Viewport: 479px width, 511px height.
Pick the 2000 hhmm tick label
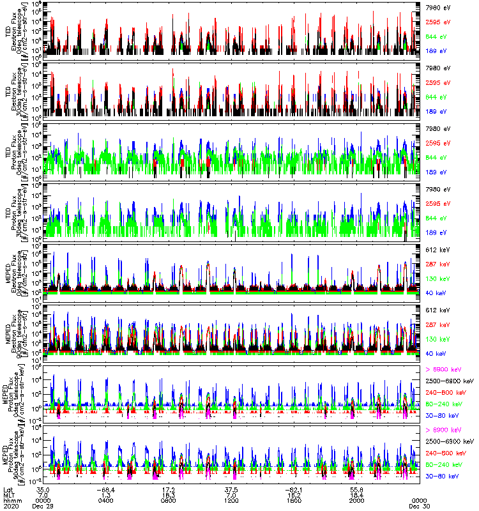pos(358,500)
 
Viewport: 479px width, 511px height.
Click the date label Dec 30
pos(419,506)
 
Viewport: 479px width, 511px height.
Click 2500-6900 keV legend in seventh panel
pos(450,380)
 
